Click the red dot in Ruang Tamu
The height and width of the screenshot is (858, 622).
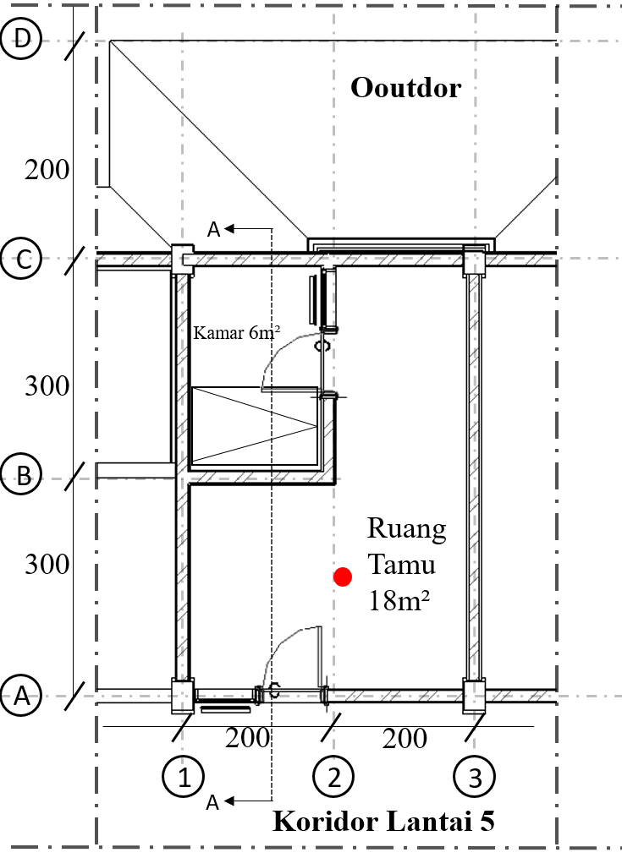point(342,577)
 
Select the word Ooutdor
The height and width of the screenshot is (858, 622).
point(406,87)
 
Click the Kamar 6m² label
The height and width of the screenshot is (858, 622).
point(237,332)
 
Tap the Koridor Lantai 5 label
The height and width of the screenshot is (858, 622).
point(383,822)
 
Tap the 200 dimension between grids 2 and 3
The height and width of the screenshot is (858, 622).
point(405,738)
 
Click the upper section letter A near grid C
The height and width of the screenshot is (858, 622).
point(213,229)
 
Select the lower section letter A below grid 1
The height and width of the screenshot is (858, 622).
point(213,802)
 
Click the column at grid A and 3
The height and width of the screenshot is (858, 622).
point(474,695)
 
